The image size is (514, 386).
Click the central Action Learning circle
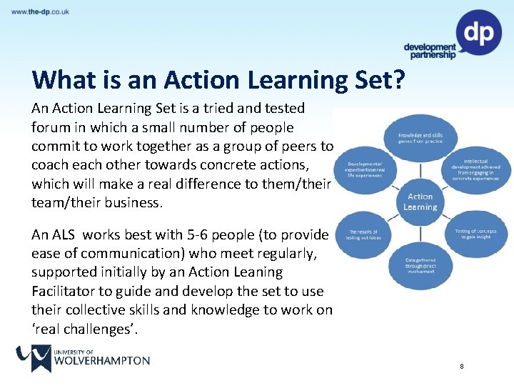420,202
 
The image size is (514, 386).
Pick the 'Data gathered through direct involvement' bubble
421,266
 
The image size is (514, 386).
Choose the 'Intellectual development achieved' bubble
475,171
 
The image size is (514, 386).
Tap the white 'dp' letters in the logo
478,32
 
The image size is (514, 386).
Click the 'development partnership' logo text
430,51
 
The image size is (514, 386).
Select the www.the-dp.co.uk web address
40,12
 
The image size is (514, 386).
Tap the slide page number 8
462,367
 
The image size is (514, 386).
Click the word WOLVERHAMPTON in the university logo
101,360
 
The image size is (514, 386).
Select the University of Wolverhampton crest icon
32,358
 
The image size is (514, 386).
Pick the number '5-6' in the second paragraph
191,234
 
